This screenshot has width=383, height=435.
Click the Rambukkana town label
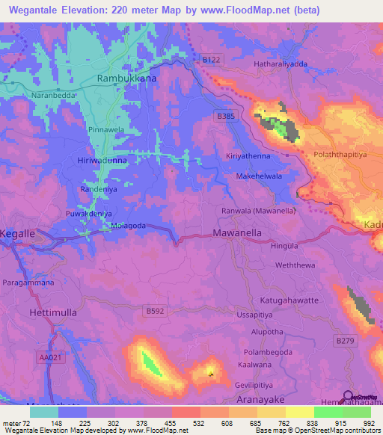128,78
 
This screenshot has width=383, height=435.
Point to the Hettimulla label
53,310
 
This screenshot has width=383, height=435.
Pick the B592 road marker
156,310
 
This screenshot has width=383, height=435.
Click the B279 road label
344,341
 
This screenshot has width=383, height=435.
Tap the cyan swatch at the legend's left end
44,412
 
